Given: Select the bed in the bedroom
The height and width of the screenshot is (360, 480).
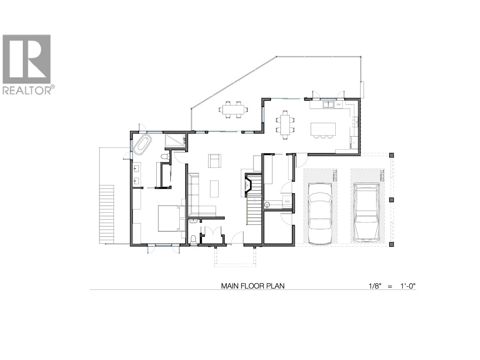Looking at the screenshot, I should coord(169,218).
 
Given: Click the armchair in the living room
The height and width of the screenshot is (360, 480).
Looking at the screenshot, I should coord(215,160).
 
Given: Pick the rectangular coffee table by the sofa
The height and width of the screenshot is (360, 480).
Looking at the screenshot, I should coord(214,188).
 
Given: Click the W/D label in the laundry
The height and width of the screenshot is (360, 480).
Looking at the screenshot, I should coord(287,201).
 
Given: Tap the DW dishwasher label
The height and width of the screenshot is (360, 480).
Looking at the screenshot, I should coord(338,104).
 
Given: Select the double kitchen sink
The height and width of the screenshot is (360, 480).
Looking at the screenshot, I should coord(328,104).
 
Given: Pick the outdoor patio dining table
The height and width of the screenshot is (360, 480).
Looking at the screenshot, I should coord(233,110).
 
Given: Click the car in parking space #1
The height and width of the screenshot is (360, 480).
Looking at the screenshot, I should coord(320,214).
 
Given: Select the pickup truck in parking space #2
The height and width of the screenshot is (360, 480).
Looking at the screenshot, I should coord(365,212).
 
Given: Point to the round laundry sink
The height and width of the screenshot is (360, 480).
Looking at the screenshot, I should coord(267,205).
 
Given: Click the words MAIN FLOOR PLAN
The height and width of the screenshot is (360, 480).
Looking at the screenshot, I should coord(253,286).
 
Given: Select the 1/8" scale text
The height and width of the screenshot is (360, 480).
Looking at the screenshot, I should coord(375,286).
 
